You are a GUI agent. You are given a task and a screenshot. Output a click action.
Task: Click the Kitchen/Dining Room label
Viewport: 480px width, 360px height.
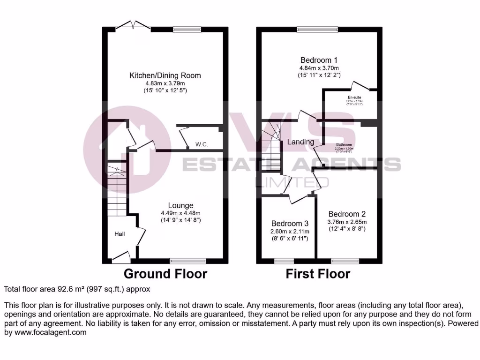click(165, 75)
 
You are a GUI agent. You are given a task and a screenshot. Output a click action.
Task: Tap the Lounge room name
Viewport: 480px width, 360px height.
click(181, 205)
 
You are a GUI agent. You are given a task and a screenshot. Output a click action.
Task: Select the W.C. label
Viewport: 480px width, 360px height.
click(202, 144)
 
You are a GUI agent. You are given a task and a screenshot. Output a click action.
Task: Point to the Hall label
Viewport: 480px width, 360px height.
click(120, 233)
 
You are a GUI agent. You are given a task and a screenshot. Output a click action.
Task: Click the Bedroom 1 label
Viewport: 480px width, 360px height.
click(319, 60)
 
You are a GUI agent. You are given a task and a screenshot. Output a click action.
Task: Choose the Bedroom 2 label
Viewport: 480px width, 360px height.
click(347, 213)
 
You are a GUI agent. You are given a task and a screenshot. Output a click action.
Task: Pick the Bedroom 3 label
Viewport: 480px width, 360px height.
click(290, 223)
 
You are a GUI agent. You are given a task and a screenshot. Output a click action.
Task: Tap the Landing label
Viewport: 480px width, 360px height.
click(300, 142)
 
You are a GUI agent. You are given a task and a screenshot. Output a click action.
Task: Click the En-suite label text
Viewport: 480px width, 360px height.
click(354, 97)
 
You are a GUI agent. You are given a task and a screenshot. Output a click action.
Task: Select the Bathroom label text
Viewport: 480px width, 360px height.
click(344, 144)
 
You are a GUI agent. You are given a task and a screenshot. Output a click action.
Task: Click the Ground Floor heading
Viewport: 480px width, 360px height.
click(165, 274)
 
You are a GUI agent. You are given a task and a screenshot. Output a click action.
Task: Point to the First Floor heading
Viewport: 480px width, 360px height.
click(318, 274)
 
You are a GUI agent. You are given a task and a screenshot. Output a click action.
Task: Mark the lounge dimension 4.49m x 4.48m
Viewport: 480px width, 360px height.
click(181, 213)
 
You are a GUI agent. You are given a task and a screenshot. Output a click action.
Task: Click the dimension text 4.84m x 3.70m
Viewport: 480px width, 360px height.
click(319, 67)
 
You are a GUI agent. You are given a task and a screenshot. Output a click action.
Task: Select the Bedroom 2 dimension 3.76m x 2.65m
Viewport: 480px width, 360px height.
click(347, 222)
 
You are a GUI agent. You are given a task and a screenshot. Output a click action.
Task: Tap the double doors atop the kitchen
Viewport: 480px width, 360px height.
click(134, 25)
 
